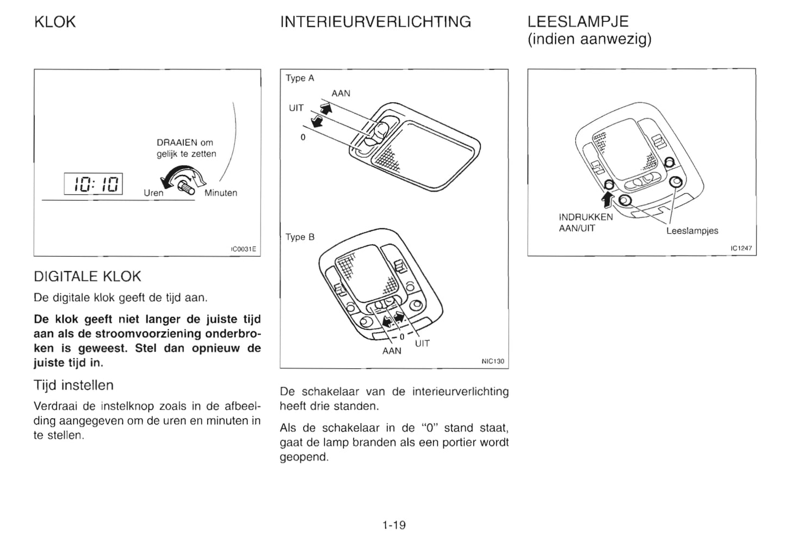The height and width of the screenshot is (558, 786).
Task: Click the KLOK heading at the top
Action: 54,22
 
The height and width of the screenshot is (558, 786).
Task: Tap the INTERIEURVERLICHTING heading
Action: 375,22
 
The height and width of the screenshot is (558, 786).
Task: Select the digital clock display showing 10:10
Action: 94,184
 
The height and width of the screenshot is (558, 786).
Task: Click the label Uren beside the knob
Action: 153,193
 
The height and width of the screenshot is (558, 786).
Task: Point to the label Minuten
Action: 221,193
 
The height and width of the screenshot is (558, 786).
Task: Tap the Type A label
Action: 300,78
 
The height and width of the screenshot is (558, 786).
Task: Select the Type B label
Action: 300,237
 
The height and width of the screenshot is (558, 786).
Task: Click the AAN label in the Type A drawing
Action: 341,94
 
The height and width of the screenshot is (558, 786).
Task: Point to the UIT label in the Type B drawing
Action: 422,343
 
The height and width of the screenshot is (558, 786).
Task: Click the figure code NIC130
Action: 493,361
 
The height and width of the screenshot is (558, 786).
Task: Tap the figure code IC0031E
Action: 243,249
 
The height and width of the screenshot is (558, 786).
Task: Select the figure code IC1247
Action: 741,249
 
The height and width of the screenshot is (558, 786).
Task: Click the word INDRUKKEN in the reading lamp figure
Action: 586,217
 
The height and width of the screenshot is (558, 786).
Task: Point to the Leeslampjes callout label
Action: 692,231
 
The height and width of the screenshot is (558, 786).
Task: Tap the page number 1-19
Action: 394,525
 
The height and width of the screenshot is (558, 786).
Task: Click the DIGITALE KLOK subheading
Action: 88,277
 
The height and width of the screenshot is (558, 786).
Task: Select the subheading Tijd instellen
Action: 73,386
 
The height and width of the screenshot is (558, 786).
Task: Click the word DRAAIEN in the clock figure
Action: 177,143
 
